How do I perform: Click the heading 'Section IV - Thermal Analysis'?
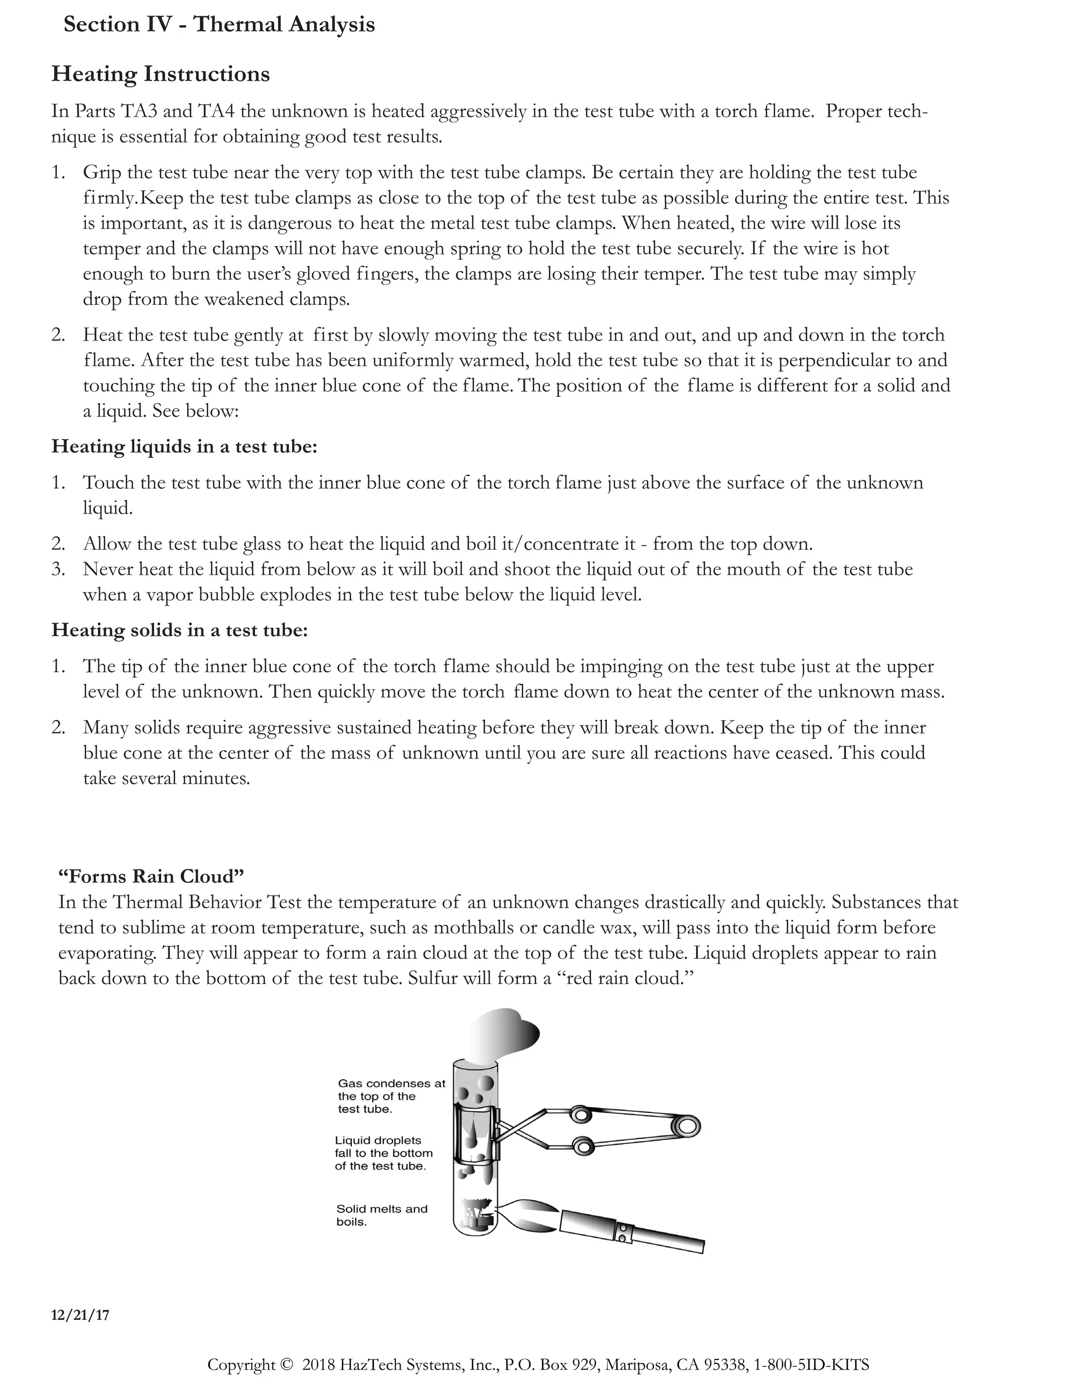pos(219,25)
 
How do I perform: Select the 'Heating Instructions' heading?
pos(160,74)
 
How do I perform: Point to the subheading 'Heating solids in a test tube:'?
pos(179,630)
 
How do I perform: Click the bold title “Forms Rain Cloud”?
pos(151,876)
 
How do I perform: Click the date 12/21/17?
pos(80,1315)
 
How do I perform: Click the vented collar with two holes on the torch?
pos(623,1231)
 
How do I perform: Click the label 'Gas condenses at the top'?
pos(391,1096)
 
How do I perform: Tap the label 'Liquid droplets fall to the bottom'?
pos(383,1153)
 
